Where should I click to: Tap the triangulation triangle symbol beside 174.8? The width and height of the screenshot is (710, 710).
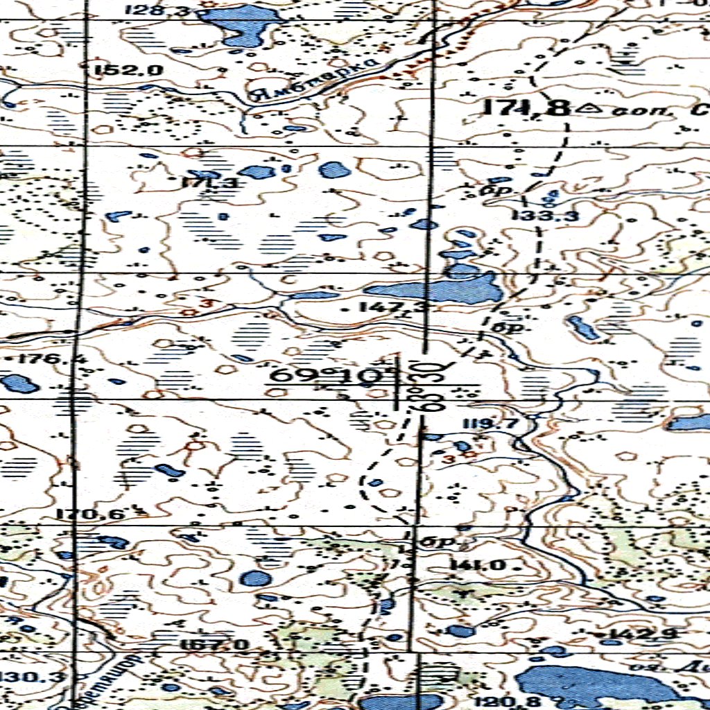tap(591, 107)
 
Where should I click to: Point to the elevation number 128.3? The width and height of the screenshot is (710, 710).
tap(150, 10)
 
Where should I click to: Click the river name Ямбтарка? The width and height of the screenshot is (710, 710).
tap(318, 80)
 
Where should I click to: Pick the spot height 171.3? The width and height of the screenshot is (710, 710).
tap(209, 183)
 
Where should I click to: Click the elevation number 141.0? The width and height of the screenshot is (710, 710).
tap(478, 565)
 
